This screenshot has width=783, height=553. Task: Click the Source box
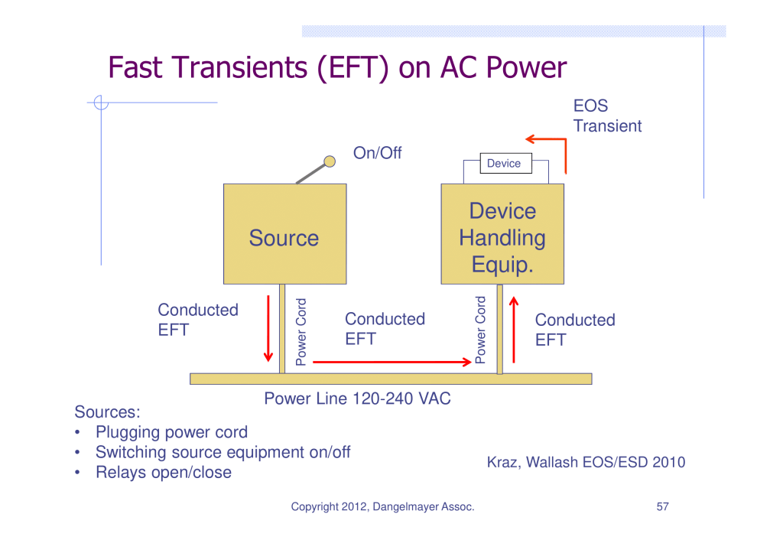click(284, 234)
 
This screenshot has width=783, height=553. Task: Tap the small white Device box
click(503, 163)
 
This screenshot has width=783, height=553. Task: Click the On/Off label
click(377, 153)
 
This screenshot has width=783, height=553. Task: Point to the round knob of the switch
click(330, 161)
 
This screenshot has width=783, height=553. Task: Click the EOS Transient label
click(607, 116)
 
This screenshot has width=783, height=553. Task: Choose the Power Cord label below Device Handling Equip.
click(480, 330)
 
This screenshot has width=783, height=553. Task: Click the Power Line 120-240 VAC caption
click(357, 398)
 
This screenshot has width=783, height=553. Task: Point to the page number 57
click(662, 506)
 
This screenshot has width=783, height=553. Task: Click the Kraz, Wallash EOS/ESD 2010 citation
click(586, 462)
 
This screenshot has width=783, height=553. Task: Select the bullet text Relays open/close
click(163, 472)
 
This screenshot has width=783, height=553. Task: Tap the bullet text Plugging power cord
click(171, 432)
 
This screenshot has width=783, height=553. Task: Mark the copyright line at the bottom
click(382, 506)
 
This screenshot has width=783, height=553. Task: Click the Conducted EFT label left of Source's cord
click(198, 320)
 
